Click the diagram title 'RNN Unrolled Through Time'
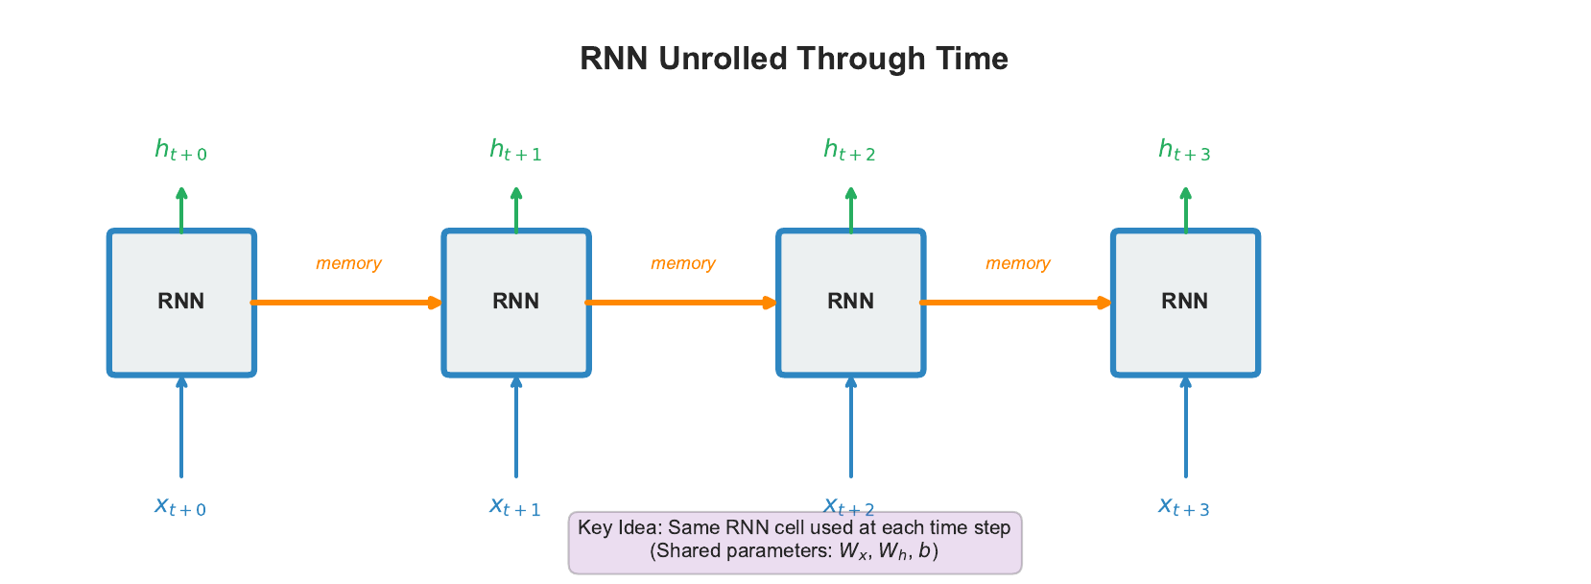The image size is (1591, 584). point(794,59)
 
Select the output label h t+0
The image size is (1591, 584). point(180,150)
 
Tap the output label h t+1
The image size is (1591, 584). point(515,150)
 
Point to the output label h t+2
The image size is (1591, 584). point(849,150)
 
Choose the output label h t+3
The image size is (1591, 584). point(1184,150)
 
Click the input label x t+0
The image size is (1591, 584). point(180,506)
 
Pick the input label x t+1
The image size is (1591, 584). point(515,506)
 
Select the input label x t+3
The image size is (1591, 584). point(1184,506)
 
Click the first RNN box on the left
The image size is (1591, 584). point(181,302)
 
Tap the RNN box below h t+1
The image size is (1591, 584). point(516,302)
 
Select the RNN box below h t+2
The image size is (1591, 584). point(851,302)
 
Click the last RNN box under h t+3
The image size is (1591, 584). point(1185,302)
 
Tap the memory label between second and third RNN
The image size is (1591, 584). point(683,263)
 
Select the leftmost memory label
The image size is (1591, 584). point(348,263)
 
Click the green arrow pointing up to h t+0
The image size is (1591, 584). point(181,209)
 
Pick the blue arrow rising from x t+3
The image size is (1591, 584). point(1185,427)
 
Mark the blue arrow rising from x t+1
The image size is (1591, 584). point(516,427)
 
